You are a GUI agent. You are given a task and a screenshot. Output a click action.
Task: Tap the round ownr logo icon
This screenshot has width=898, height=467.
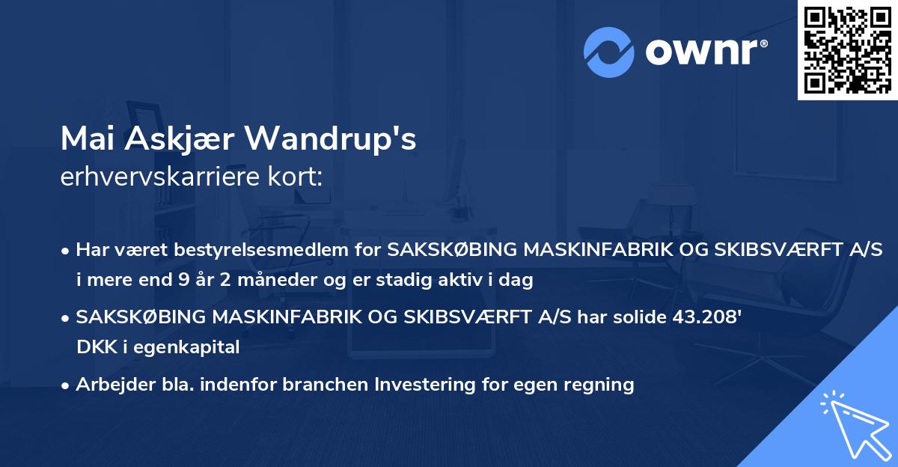tap(609, 52)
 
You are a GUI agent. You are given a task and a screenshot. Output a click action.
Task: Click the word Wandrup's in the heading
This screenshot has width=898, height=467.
tap(330, 138)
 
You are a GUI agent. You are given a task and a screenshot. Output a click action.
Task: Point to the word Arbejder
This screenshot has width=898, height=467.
tap(110, 385)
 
